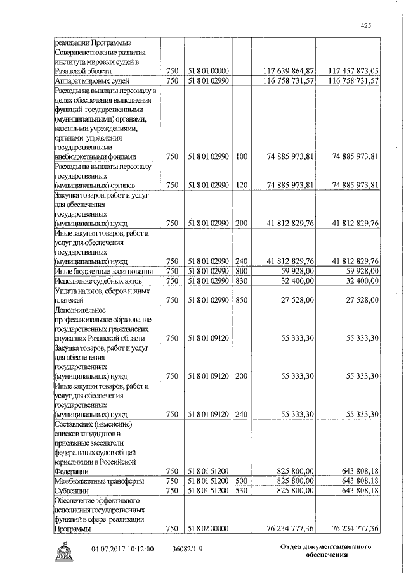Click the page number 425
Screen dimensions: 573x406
[365, 25]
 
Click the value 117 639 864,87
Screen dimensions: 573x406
[288, 72]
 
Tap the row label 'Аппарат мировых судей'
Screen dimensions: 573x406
[93, 81]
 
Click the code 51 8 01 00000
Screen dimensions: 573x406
[207, 72]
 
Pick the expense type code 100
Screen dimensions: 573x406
[240, 157]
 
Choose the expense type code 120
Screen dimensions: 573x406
[240, 186]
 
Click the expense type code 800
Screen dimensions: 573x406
[240, 271]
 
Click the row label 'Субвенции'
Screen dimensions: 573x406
[72, 491]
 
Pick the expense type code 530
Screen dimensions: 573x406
[240, 491]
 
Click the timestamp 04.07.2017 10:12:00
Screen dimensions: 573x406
[122, 550]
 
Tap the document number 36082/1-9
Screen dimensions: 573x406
[190, 550]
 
